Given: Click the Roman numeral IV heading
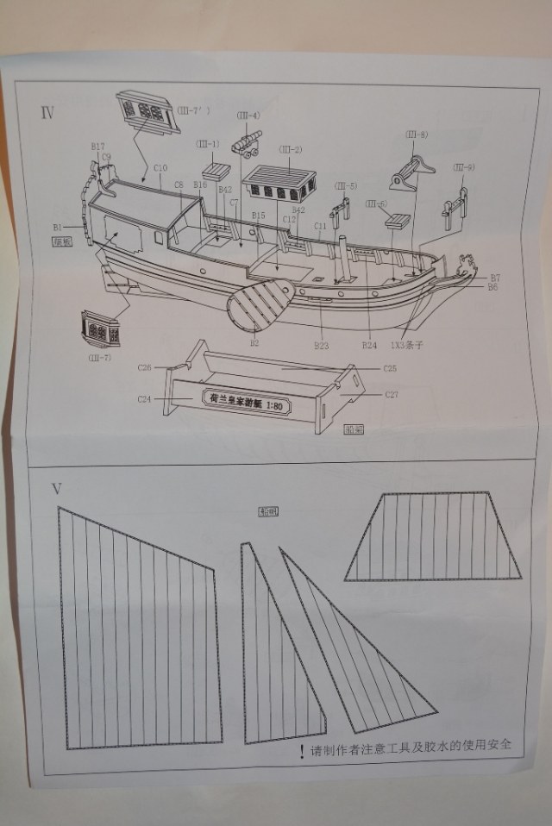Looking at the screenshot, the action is tap(47, 112).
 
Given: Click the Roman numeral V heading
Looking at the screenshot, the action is tap(56, 489).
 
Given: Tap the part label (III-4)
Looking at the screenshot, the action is tap(248, 115).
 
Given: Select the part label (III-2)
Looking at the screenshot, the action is tap(290, 149).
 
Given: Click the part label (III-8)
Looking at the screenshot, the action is tap(416, 135).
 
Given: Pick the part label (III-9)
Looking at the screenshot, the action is tap(464, 166).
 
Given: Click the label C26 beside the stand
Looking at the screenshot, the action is tap(145, 368).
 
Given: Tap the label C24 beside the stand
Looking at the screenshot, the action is tap(145, 398).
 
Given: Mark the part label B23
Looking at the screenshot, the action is tap(322, 345).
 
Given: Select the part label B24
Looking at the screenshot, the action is tap(369, 345).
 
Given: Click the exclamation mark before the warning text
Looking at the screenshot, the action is tap(301, 752).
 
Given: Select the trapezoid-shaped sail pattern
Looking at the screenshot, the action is tap(433, 536).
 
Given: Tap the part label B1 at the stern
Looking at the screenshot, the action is tap(57, 227).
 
